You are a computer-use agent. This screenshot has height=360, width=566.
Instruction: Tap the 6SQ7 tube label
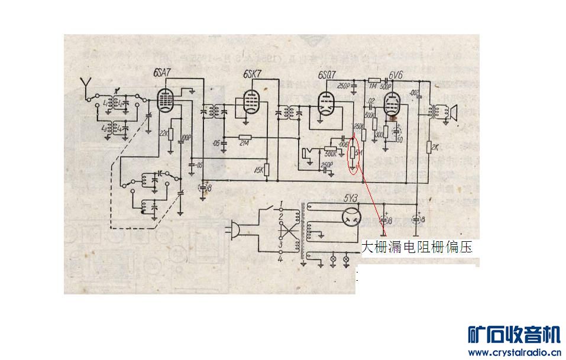[326, 76]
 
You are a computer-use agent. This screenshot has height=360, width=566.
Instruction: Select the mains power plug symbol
[234, 227]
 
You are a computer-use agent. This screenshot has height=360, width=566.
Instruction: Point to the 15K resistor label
[258, 171]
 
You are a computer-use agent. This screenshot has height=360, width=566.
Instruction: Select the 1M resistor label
[373, 86]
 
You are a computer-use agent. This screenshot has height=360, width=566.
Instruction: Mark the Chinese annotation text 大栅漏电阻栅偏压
[417, 247]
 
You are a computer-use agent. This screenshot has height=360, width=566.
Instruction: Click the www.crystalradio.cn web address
[514, 353]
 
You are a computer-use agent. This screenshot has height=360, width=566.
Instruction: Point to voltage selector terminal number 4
[281, 258]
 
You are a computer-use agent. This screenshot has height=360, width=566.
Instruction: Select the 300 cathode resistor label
[379, 135]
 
